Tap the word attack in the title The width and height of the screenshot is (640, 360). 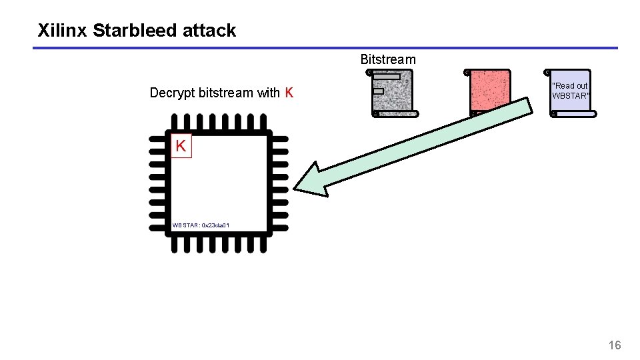coord(213,31)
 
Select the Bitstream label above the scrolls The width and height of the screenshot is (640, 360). coord(388,59)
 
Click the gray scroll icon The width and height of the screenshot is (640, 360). coord(393,93)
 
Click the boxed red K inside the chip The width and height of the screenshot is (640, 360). coord(181,146)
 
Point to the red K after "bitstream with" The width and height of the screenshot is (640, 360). coord(289,93)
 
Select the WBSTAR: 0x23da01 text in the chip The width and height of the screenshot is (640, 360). coord(201,225)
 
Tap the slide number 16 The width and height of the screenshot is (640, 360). coord(615,345)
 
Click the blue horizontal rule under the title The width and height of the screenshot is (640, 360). coord(325,48)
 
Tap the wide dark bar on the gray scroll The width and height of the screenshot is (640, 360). coord(387,77)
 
